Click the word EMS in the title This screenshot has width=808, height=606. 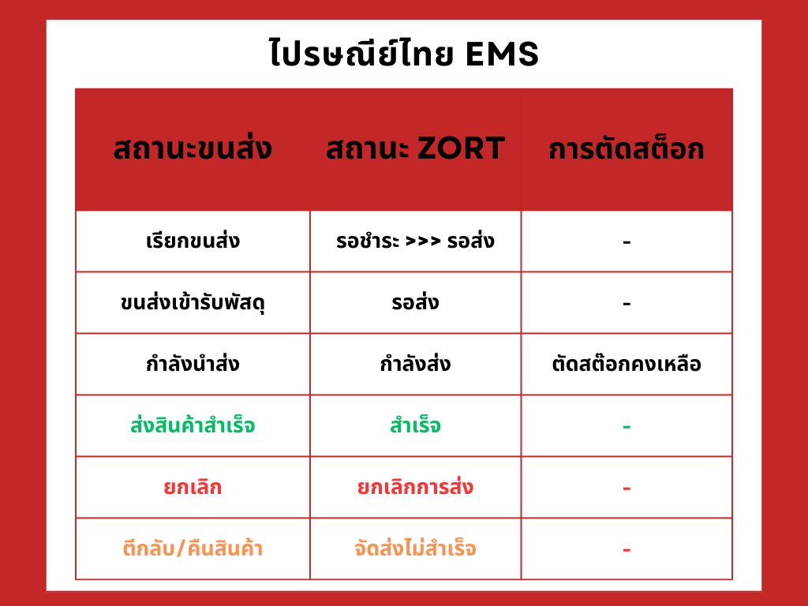pos(502,54)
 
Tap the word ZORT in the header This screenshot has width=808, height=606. pos(461,148)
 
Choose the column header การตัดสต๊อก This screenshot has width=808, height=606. pos(626,148)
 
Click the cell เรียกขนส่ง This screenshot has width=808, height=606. pos(193,241)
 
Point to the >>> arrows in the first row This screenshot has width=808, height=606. pos(423,241)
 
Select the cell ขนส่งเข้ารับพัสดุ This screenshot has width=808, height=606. pos(193,302)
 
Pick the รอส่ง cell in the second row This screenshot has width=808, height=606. pos(415,302)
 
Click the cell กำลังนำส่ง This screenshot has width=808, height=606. pos(193,364)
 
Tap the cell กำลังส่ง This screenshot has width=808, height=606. pos(415,364)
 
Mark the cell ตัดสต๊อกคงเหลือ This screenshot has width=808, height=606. pos(626,364)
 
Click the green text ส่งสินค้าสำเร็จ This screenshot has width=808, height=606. pos(193,425)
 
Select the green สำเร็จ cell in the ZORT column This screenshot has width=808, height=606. pos(415,425)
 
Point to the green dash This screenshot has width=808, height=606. pos(627,427)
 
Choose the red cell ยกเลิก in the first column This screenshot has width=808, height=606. pos(193,487)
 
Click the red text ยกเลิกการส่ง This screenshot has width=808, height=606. pos(415,487)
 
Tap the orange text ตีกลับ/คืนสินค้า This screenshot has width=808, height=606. pos(193,548)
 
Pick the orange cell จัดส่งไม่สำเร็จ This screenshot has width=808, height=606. pos(415,548)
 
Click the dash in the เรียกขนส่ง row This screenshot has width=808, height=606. pos(627,241)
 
